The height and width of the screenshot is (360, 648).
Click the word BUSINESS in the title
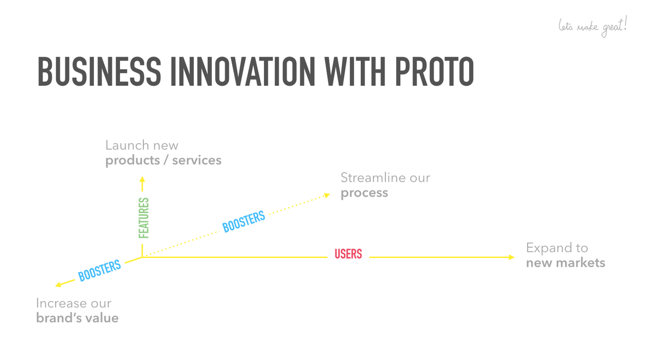tap(99, 71)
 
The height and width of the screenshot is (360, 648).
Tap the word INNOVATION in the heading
tap(242, 71)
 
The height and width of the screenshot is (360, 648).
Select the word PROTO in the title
tap(434, 71)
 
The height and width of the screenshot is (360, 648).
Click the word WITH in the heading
tap(355, 71)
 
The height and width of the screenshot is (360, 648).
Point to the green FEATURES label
tap(144, 218)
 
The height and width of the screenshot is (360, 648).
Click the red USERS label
tap(348, 254)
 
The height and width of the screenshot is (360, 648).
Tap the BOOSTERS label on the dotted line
tap(244, 221)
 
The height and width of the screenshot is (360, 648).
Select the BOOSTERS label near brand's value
tap(99, 270)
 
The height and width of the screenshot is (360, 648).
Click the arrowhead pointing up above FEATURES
tap(142, 179)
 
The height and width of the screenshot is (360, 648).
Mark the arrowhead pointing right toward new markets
tap(511, 257)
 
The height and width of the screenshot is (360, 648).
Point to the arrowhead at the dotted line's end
tap(327, 195)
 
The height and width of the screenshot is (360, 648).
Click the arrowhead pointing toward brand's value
tap(58, 284)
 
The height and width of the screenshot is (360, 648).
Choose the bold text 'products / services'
tap(164, 160)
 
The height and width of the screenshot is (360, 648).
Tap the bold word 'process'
tap(364, 193)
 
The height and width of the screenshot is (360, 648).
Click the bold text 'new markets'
tap(565, 263)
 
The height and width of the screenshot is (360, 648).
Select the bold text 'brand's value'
tap(77, 318)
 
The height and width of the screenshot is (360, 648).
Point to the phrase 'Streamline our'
tap(386, 178)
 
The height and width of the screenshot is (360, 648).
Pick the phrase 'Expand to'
tap(557, 248)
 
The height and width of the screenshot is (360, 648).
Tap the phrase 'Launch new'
tap(141, 145)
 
